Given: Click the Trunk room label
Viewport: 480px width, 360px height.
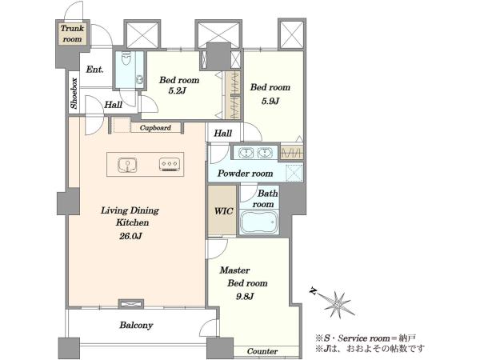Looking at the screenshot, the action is [x=72, y=34].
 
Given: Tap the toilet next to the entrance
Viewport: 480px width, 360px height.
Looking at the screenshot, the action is [x=126, y=58].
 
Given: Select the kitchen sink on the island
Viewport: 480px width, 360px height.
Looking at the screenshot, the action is [x=127, y=165].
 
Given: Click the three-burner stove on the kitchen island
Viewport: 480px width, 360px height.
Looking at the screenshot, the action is [x=170, y=164].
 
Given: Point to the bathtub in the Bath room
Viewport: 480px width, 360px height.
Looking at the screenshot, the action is [x=259, y=222].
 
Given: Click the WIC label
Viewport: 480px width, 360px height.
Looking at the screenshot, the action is [x=223, y=211].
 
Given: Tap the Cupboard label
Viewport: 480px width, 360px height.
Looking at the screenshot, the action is [x=155, y=128].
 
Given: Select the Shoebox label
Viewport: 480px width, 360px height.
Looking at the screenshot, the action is [x=74, y=94].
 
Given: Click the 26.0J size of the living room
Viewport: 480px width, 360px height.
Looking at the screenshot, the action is [x=130, y=236].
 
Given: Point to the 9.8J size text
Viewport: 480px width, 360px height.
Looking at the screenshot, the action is [x=245, y=296].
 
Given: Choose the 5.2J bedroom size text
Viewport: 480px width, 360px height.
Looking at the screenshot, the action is [x=178, y=91].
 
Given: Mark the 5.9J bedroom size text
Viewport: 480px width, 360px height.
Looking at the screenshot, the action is [x=270, y=101].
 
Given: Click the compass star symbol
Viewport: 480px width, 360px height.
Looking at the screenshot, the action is [x=337, y=303].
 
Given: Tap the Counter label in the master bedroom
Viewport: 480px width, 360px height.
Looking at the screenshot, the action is [x=262, y=351].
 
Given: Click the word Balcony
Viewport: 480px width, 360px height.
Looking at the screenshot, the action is [x=136, y=325].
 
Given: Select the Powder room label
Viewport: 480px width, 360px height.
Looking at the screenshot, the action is [x=246, y=174].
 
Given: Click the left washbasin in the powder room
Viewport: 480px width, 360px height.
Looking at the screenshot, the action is [x=246, y=153].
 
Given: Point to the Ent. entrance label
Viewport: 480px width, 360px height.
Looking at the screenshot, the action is [x=94, y=70].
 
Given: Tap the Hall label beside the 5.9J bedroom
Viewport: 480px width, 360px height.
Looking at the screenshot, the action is [x=223, y=133].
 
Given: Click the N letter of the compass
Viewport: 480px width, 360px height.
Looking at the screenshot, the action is [x=313, y=290].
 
